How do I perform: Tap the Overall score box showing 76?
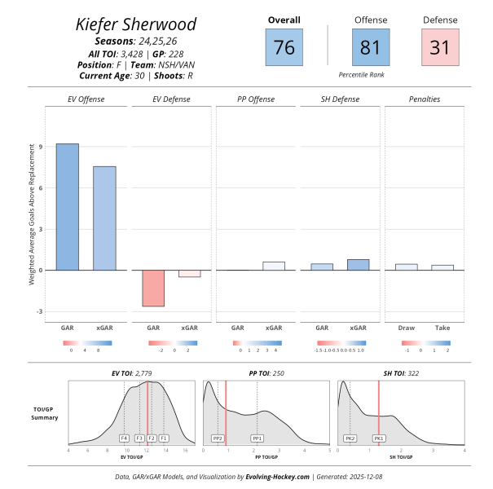point(284,47)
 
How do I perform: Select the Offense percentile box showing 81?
point(370,47)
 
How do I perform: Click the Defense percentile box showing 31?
point(440,47)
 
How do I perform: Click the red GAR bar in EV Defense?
point(153,288)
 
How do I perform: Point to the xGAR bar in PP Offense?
point(274,266)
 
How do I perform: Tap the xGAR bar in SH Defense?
point(358,265)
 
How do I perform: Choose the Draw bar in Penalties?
point(406,267)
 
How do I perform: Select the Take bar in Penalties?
point(442,267)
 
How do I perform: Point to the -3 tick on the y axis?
point(41,311)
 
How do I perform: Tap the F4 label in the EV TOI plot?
point(124,438)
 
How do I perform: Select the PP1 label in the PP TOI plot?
point(258,438)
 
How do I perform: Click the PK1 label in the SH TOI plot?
point(379,438)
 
